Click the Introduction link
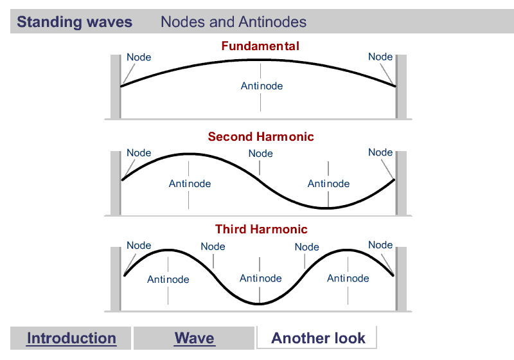coord(71,338)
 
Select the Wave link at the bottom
coord(194,338)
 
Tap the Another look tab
coord(318,338)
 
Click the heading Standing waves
coord(75,22)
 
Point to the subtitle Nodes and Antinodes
coord(233,22)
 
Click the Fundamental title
coord(260,46)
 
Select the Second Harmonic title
coord(261,137)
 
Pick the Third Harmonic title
coord(261,230)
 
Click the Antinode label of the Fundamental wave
coord(261,86)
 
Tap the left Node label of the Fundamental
coord(139,57)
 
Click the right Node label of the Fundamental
coord(380,57)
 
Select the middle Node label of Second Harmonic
coord(261,154)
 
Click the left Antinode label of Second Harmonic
coord(190,184)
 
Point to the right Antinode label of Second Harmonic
coord(328,184)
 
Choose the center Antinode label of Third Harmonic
coord(260,278)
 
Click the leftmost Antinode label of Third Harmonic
coord(168,279)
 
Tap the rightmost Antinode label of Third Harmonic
coord(348,278)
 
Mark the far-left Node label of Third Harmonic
coord(139,246)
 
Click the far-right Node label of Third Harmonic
coord(380,245)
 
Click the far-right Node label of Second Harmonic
coord(380,152)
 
